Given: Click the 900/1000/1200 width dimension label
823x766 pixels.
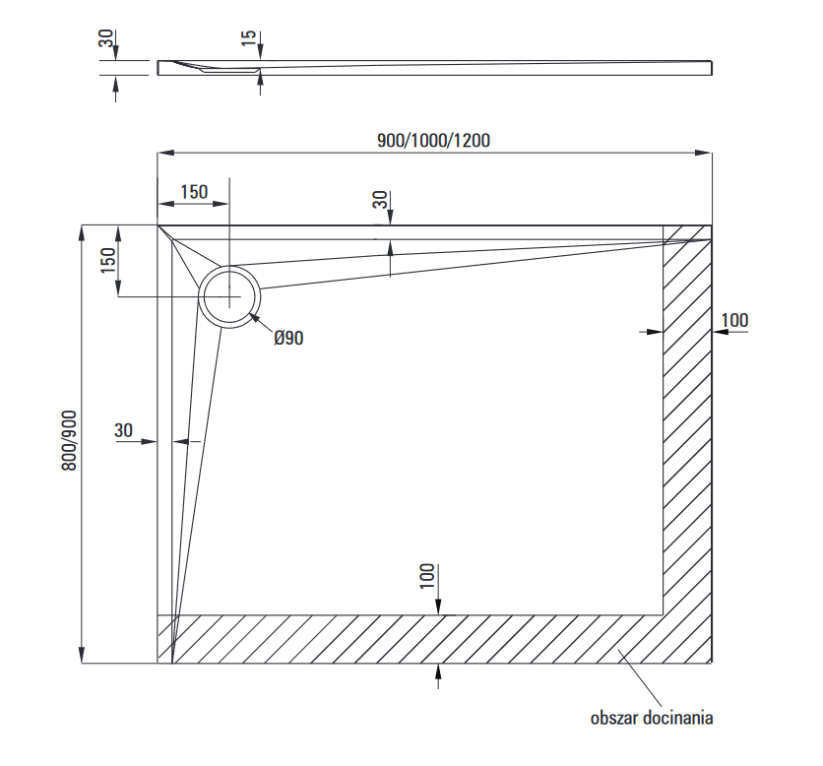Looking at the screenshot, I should [x=433, y=140].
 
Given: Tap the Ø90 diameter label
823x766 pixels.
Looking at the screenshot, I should [x=288, y=338].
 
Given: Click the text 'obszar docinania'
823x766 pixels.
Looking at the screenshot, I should [x=652, y=718].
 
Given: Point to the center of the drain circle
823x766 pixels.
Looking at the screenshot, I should [x=230, y=296].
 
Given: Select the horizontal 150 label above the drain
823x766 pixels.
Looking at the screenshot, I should [x=193, y=191].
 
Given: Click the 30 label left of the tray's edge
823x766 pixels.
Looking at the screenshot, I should [x=123, y=429].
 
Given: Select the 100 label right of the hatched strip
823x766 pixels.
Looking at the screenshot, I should [x=734, y=319].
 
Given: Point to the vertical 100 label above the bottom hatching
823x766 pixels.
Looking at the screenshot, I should [x=426, y=576].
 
